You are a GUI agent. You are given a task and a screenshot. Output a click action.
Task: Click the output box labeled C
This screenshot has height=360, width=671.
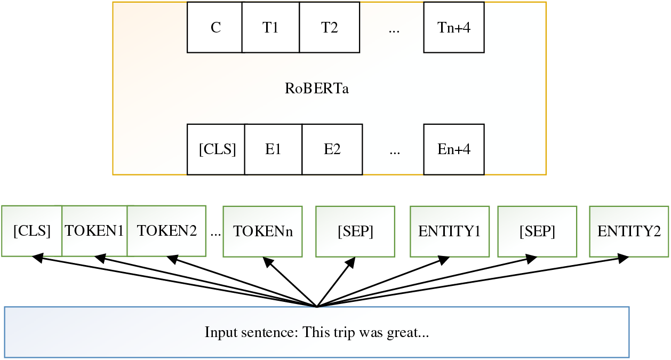pyautogui.click(x=215, y=28)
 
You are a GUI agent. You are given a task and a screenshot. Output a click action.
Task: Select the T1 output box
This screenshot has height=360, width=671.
pyautogui.click(x=270, y=28)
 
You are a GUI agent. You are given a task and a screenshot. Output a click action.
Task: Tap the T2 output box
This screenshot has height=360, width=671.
pyautogui.click(x=329, y=28)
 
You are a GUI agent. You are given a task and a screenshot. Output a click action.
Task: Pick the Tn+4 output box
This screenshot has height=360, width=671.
pyautogui.click(x=454, y=28)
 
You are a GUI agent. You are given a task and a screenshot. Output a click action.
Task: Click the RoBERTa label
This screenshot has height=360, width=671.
pyautogui.click(x=317, y=89)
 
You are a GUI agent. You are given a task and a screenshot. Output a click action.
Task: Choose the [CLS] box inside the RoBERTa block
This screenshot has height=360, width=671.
pyautogui.click(x=217, y=150)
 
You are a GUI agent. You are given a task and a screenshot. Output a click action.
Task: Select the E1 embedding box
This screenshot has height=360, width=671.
pyautogui.click(x=273, y=150)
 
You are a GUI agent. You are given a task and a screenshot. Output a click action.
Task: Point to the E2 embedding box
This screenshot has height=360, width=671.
pyautogui.click(x=332, y=150)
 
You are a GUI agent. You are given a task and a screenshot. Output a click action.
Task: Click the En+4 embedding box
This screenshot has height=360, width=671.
pyautogui.click(x=454, y=150)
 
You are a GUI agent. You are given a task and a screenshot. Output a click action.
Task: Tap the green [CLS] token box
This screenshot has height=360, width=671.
pyautogui.click(x=32, y=231)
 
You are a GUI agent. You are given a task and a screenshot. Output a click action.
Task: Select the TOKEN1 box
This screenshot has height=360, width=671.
pyautogui.click(x=94, y=231)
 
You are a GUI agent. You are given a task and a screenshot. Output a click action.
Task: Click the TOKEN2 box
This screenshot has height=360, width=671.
pyautogui.click(x=166, y=231)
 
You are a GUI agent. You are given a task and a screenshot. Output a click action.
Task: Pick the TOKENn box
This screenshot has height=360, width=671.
pyautogui.click(x=262, y=231)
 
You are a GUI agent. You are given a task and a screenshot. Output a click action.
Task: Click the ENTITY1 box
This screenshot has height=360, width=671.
pyautogui.click(x=449, y=231)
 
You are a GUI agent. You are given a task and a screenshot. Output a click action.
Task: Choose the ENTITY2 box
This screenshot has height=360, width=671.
pyautogui.click(x=629, y=231)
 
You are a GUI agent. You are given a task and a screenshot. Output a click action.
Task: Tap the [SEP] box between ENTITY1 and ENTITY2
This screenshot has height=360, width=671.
pyautogui.click(x=537, y=231)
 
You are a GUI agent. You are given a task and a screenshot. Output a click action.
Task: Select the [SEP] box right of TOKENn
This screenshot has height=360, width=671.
pyautogui.click(x=355, y=231)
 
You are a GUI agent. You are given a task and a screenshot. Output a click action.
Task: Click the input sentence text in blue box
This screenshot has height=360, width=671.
pyautogui.click(x=317, y=332)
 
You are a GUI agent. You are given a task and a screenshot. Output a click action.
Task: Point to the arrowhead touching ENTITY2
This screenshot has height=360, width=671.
pyautogui.click(x=622, y=259)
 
